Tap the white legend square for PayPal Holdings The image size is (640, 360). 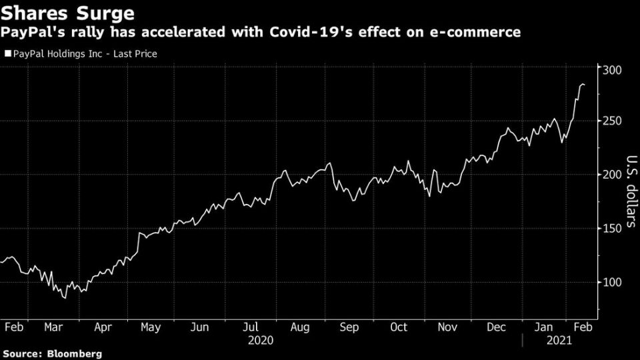[7, 54]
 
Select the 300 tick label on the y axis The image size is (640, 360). [612, 70]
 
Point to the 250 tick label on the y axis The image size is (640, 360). [612, 121]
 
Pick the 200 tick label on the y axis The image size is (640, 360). [612, 175]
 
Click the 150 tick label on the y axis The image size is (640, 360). [612, 229]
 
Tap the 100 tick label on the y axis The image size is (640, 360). [612, 282]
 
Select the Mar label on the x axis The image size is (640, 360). [55, 327]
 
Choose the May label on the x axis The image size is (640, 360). [151, 327]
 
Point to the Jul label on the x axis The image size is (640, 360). [251, 327]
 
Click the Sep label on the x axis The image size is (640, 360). [349, 327]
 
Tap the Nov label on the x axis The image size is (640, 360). [448, 327]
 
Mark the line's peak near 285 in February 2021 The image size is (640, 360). [582, 84]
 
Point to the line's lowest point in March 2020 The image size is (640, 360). [65, 297]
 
